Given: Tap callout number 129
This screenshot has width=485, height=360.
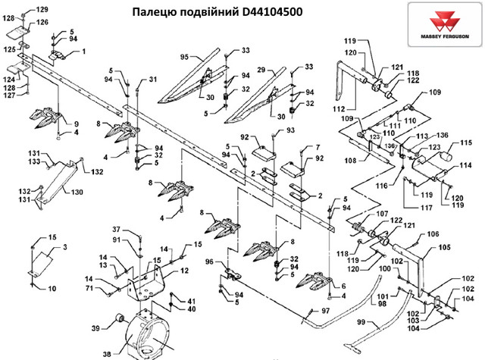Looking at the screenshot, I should tap(42, 9).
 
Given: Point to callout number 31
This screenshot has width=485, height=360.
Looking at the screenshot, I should tap(154, 80).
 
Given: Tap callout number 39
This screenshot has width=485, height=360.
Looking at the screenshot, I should tap(95, 327).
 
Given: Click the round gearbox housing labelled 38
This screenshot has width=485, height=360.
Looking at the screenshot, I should tap(148, 333).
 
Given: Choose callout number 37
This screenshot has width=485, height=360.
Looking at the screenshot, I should tap(117, 229).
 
